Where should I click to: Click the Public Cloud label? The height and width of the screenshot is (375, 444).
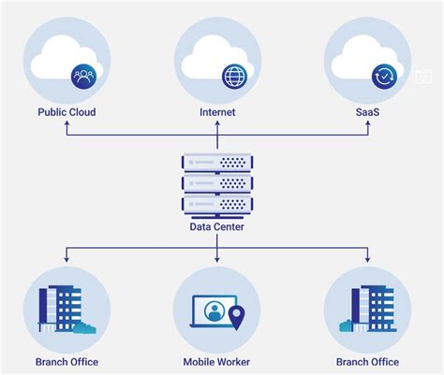(x=67, y=112)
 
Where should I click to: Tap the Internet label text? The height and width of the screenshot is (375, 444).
(x=217, y=112)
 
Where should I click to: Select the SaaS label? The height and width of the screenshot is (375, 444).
(x=367, y=112)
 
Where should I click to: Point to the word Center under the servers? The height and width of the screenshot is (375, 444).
(x=229, y=226)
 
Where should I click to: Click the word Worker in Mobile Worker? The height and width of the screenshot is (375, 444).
(x=233, y=362)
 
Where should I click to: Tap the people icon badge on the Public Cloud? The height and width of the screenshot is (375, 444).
(x=83, y=77)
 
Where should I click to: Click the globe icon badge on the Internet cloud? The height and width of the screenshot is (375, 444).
(x=234, y=77)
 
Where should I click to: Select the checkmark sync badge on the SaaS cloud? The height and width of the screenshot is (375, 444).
(x=384, y=77)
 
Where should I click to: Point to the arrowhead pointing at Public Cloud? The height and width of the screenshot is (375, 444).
(x=67, y=123)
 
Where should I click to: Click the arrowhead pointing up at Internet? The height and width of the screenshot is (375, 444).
(x=217, y=123)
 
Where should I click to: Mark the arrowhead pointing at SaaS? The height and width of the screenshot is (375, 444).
(x=368, y=123)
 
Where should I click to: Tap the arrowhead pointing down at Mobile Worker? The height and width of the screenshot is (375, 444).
(x=217, y=259)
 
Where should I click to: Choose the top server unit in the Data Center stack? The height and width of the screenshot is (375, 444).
(x=217, y=163)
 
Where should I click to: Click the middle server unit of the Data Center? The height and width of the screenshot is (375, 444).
(x=217, y=183)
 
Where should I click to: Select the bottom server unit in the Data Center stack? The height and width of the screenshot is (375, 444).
(x=217, y=205)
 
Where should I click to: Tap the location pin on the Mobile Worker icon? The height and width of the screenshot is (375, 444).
(x=237, y=317)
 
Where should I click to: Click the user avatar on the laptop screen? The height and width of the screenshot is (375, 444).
(x=215, y=311)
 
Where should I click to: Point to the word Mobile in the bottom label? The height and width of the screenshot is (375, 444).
(x=199, y=362)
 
